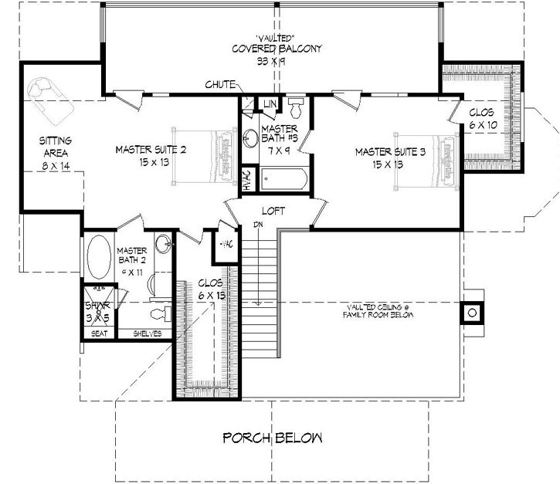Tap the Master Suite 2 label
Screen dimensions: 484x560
coord(151,155)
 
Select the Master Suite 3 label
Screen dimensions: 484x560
coord(391,157)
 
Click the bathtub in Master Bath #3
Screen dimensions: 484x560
coord(283,181)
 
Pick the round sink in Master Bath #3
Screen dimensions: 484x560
coord(250,139)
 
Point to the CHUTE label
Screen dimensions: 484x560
coord(220,85)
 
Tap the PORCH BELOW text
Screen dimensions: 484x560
coord(273,438)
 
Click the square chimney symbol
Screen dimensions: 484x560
coord(470,313)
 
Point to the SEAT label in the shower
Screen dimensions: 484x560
coord(99,333)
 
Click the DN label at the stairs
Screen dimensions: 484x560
coord(256,225)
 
